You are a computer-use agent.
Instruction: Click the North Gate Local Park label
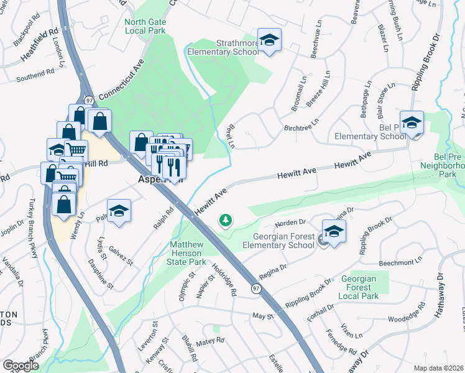[145, 25]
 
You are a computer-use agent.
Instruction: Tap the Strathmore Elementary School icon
[269, 41]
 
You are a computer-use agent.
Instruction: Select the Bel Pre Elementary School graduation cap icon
[412, 123]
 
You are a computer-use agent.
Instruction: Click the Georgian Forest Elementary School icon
[334, 233]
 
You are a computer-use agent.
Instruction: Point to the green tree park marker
[225, 220]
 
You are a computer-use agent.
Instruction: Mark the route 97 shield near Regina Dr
[256, 288]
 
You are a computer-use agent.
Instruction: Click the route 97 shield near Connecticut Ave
[89, 99]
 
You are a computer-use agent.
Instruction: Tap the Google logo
[21, 366]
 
